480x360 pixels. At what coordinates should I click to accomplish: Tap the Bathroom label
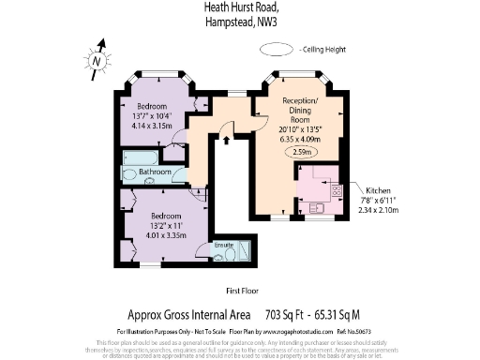point(156,173)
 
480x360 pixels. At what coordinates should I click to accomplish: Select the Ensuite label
point(223,245)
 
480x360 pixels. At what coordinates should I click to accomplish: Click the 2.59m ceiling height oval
point(302,152)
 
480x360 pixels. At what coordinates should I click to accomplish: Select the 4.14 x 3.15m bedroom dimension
point(150,123)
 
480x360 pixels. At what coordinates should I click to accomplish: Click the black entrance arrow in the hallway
point(227,142)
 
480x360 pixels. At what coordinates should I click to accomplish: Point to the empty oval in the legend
point(277,48)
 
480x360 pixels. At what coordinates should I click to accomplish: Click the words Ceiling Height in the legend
point(324,48)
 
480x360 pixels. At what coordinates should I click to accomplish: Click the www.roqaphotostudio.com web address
point(286,332)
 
